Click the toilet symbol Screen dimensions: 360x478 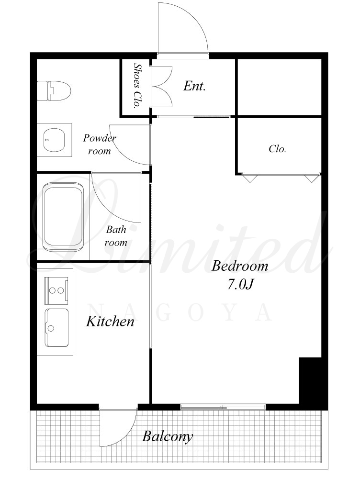[x=54, y=91]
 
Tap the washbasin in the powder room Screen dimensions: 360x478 [x=54, y=140]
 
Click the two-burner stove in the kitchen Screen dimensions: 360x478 [x=56, y=290]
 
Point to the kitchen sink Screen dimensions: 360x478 [x=57, y=328]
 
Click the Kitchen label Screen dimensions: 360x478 [x=110, y=322]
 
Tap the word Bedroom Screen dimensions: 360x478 [x=239, y=266]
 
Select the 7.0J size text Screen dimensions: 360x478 [x=241, y=284]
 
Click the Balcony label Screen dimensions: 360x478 [x=168, y=436]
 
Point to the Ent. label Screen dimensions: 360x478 [x=194, y=86]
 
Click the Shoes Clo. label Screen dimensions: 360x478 [x=137, y=86]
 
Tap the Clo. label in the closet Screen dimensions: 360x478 [x=277, y=149]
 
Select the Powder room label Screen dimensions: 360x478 [x=100, y=144]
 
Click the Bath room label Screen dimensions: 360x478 [x=116, y=236]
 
